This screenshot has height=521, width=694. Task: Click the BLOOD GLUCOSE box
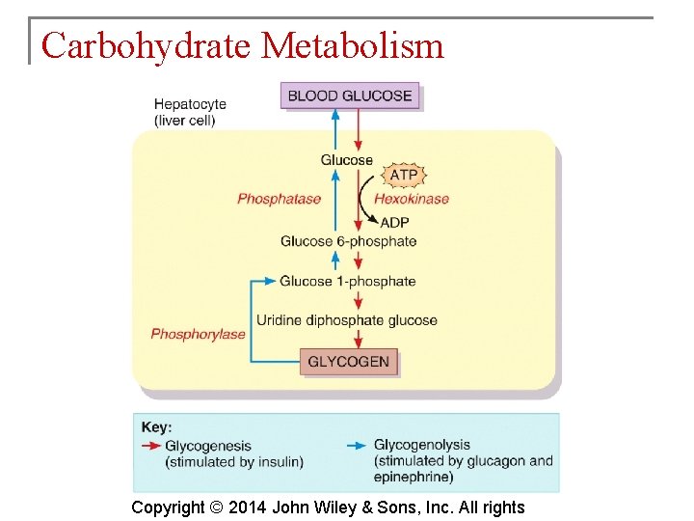point(350,96)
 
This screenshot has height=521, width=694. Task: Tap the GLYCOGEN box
point(348,363)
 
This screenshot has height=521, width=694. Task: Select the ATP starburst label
point(405,175)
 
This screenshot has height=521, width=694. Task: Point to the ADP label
point(394,222)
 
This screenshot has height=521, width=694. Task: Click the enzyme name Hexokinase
point(412,199)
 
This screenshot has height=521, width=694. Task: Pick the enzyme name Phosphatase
point(279,199)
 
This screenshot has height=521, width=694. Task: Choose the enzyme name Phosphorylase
point(198,334)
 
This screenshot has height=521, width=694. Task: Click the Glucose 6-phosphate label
point(348,241)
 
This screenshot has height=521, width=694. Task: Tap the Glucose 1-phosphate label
point(347,282)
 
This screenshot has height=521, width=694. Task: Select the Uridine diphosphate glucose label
point(346,320)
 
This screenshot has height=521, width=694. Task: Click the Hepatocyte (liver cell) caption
point(190,112)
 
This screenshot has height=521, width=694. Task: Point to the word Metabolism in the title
point(353,45)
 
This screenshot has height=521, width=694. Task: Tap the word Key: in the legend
point(156,427)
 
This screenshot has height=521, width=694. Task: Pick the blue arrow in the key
point(357,446)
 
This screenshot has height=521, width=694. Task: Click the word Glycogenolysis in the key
point(421,445)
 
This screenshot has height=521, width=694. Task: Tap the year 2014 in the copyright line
point(248,507)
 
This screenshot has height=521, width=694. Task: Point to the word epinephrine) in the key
point(414,477)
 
